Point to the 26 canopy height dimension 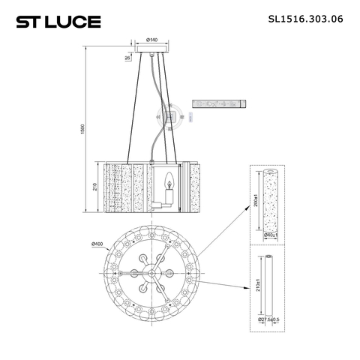(127, 57)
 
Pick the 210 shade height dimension (95, 187)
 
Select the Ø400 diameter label (97, 244)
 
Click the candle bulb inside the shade (169, 182)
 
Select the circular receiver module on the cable (174, 115)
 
